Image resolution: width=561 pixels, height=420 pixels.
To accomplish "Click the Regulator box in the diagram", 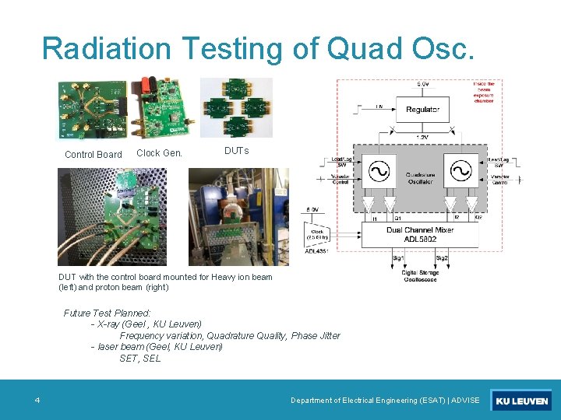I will [x=423, y=110].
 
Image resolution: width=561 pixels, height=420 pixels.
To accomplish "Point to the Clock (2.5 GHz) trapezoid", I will [x=317, y=234].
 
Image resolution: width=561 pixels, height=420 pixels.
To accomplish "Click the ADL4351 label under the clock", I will [x=316, y=251].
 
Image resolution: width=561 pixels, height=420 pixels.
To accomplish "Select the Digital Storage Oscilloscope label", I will [x=421, y=277].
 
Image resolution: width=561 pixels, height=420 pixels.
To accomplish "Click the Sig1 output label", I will [x=398, y=257].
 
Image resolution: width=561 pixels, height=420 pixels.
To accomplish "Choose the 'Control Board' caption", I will [x=93, y=155].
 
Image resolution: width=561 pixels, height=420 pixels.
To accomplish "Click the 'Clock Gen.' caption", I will [x=159, y=153].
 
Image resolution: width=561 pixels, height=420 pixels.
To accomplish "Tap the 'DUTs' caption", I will [x=236, y=151].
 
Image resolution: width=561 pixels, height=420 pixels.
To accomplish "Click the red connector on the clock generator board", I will [x=145, y=82].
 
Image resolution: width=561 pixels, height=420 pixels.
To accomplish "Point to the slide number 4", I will [x=37, y=401].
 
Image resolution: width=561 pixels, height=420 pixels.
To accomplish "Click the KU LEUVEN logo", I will [x=521, y=401].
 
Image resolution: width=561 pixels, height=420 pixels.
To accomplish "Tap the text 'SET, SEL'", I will [x=140, y=359].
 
